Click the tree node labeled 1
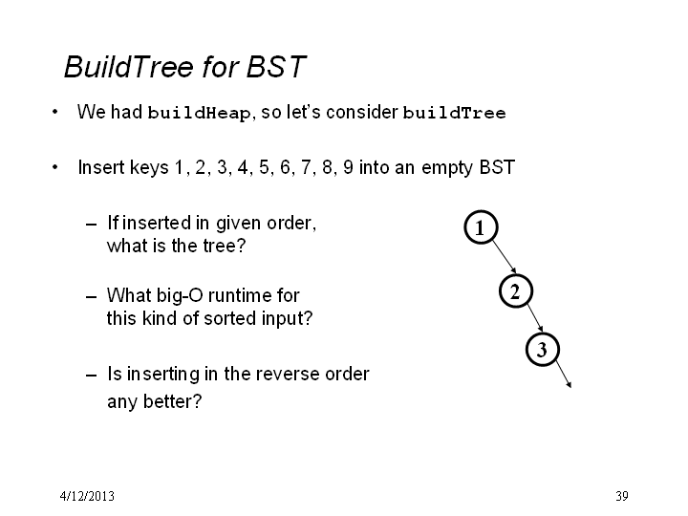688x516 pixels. click(481, 227)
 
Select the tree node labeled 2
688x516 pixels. click(516, 290)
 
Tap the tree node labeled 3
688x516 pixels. click(543, 350)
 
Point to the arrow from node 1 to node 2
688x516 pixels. click(505, 257)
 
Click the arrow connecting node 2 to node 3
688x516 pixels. click(535, 317)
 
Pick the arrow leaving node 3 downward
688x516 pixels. click(564, 375)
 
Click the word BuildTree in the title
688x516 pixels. click(129, 67)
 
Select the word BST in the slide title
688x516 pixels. click(276, 67)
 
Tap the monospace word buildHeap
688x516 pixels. click(199, 113)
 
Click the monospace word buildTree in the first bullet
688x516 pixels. click(454, 113)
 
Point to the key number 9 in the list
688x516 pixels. click(348, 167)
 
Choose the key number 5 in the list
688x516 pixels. click(264, 167)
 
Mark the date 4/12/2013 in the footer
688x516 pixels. click(87, 496)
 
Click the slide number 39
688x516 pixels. click(622, 496)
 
